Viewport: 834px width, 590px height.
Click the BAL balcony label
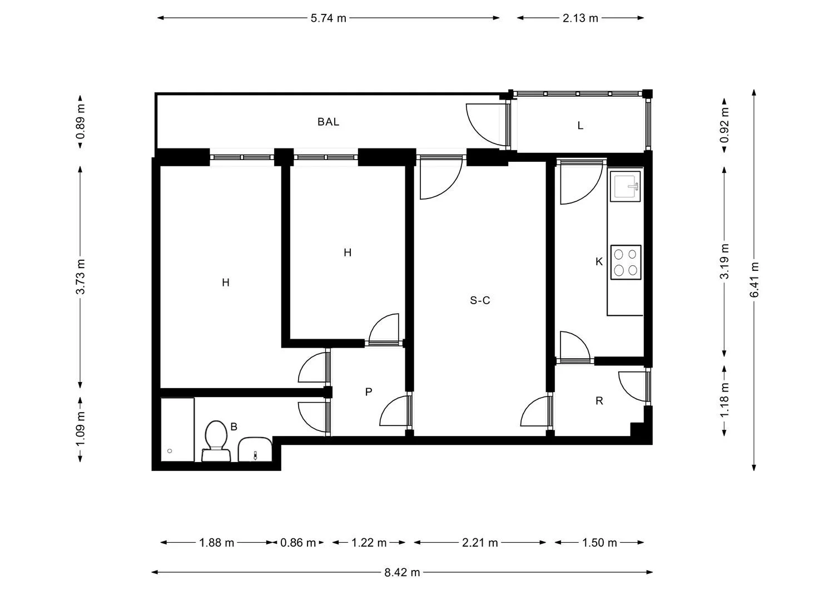[328, 122]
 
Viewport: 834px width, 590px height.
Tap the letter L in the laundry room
[580, 126]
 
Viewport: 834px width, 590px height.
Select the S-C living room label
[479, 300]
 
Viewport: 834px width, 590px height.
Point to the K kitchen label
[599, 262]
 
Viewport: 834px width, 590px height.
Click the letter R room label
[599, 401]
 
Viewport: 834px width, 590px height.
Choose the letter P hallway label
[369, 392]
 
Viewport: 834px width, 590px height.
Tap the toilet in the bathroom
[216, 441]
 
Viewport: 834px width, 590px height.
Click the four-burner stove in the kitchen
[625, 262]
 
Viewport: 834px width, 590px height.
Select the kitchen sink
[625, 186]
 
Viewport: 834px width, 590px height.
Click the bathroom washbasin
[255, 449]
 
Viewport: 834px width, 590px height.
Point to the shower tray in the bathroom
[177, 430]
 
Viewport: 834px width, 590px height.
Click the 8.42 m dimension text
[402, 572]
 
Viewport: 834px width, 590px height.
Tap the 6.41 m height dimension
[754, 280]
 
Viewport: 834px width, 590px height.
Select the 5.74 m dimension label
[329, 18]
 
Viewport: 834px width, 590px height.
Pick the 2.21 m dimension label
[480, 543]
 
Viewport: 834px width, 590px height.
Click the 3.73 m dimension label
[80, 277]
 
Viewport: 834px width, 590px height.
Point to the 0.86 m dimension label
[298, 543]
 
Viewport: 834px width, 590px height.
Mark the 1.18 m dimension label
[724, 400]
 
